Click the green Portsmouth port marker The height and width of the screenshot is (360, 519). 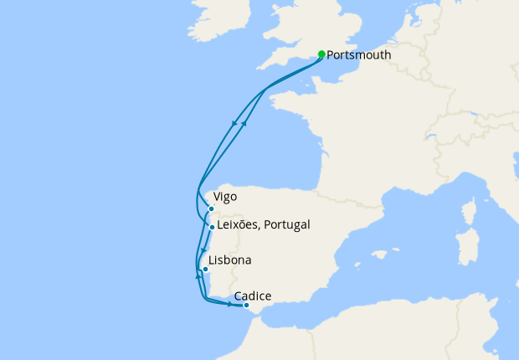click(x=321, y=54)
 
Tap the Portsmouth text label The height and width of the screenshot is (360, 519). click(x=358, y=55)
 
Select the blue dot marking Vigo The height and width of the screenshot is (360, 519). click(x=212, y=208)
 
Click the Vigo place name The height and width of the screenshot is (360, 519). click(x=225, y=197)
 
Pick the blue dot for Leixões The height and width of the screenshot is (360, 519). click(x=213, y=227)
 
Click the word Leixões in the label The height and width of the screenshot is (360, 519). click(x=239, y=224)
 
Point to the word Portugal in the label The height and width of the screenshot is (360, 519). click(x=287, y=224)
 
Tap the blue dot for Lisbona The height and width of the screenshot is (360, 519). click(x=205, y=270)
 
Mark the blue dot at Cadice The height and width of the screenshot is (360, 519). click(x=246, y=306)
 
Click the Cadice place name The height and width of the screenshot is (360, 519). click(x=253, y=296)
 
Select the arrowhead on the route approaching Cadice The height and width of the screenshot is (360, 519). click(x=229, y=303)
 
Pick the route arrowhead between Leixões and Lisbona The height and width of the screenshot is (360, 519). click(x=204, y=249)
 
